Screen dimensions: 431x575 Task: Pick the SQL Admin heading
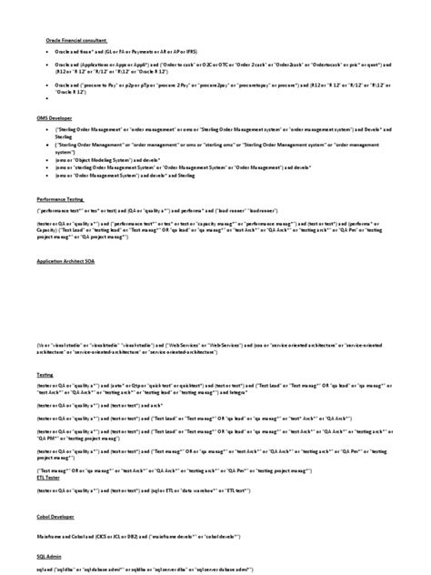tap(48, 554)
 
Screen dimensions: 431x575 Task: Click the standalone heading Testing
tap(44, 374)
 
